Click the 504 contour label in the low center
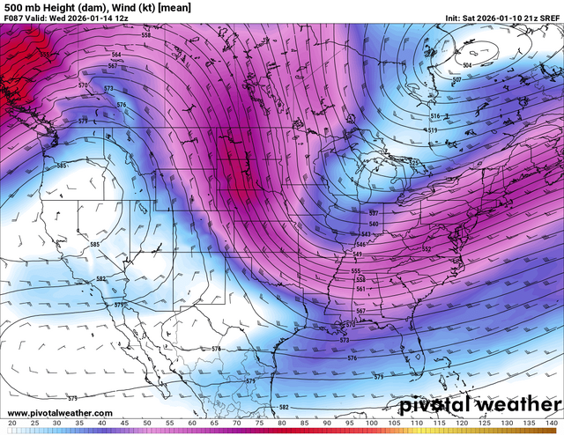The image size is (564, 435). tap(467, 65)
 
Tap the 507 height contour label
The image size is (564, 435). tap(456, 80)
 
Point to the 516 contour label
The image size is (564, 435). tap(434, 116)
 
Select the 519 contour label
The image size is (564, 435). tap(432, 130)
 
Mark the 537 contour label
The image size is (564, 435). tap(373, 214)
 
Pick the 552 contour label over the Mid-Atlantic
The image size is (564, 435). tap(427, 249)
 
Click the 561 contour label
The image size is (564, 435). tap(360, 289)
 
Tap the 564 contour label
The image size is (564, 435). tap(115, 55)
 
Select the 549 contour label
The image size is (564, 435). tap(356, 254)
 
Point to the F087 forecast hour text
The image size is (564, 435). tap(15, 18)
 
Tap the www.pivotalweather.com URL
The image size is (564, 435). tap(58, 413)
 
